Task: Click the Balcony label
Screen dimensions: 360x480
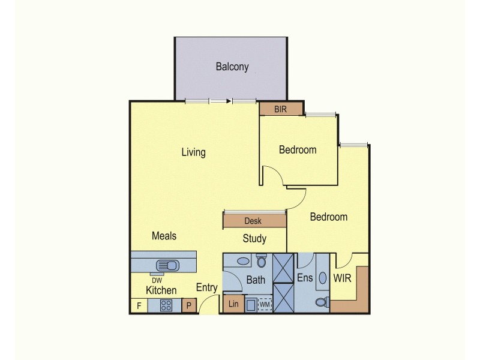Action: pos(232,67)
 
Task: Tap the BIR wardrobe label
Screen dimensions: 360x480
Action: pos(281,109)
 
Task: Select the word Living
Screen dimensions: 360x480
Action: pos(193,152)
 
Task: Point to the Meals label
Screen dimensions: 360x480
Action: pos(164,236)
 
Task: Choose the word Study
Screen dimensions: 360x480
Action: pos(254,239)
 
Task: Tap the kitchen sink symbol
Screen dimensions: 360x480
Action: pos(166,264)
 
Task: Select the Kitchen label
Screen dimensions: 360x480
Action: pos(161,290)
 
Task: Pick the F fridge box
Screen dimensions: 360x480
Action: pos(139,306)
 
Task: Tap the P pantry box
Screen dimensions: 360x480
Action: pos(189,306)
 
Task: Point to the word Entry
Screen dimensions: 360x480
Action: pos(207,288)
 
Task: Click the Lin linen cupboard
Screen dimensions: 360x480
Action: pos(233,305)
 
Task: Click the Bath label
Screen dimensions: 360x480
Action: pos(256,280)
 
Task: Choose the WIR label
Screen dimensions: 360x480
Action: pos(342,279)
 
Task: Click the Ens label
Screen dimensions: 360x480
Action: pos(305,278)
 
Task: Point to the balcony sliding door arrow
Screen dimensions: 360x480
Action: pos(228,101)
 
